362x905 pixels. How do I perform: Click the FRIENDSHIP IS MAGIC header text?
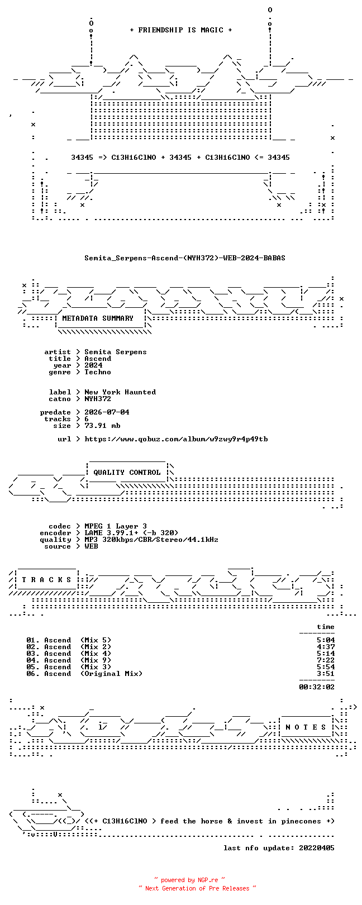point(180,30)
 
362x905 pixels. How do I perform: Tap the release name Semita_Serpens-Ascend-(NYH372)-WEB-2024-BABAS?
point(185,258)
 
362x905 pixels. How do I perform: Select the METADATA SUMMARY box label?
point(97,318)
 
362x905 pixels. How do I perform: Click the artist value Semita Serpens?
point(116,352)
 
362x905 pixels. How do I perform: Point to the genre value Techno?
point(97,372)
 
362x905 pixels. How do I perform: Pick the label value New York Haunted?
point(120,392)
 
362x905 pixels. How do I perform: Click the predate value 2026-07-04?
point(107,412)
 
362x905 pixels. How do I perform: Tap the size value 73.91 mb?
point(102,426)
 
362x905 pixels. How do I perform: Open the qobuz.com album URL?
point(176,439)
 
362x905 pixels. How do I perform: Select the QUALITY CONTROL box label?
point(127,472)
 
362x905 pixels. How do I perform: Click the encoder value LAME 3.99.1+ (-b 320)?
point(131,533)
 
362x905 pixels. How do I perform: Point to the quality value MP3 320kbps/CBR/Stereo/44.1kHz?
point(151,539)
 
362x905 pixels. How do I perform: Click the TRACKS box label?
point(46,580)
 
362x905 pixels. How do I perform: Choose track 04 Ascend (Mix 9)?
point(69,660)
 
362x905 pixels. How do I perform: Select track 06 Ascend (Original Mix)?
point(84,674)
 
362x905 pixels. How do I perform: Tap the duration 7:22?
point(326,660)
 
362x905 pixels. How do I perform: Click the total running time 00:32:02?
point(317,687)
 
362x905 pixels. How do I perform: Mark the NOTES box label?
point(306,727)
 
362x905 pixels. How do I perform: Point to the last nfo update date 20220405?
point(317,848)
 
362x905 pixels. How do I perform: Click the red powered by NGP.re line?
point(189,880)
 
